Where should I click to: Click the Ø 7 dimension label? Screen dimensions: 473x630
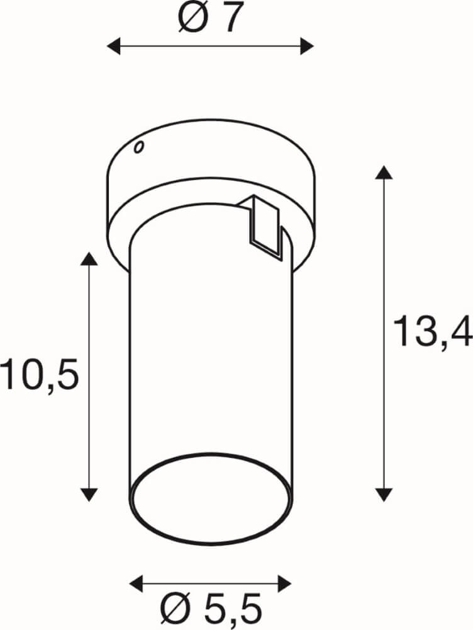211,18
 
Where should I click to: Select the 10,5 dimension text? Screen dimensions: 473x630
39,375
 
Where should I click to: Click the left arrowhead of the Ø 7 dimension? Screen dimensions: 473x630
113,46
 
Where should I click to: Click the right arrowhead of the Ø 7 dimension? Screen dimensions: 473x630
307,46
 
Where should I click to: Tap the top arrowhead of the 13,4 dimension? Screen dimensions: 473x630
384,172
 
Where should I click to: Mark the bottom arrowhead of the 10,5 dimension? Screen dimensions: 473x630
89,495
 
